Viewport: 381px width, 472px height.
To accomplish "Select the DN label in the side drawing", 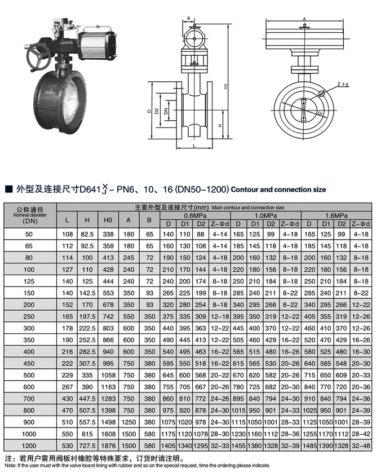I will pos(166,112).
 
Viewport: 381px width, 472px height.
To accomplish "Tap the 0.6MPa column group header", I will pos(195,216).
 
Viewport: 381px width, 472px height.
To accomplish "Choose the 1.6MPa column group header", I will pos(336,216).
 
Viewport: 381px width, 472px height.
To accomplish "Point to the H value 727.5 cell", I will pos(87,445).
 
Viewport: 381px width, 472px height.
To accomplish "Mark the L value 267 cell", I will pos(67,386).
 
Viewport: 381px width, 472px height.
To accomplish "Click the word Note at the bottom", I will pos(10,465).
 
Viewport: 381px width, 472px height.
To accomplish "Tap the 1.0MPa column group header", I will pos(266,216).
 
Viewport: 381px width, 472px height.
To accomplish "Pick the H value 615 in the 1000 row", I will pos(87,434).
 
